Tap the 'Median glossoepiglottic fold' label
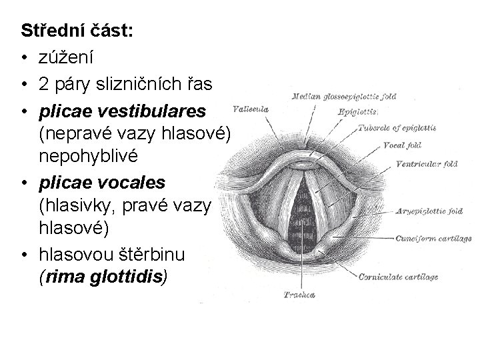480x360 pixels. click(x=344, y=97)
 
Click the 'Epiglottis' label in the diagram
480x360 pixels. click(x=358, y=111)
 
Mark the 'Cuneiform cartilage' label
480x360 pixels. click(x=433, y=237)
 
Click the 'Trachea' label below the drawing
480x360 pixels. click(x=299, y=294)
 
